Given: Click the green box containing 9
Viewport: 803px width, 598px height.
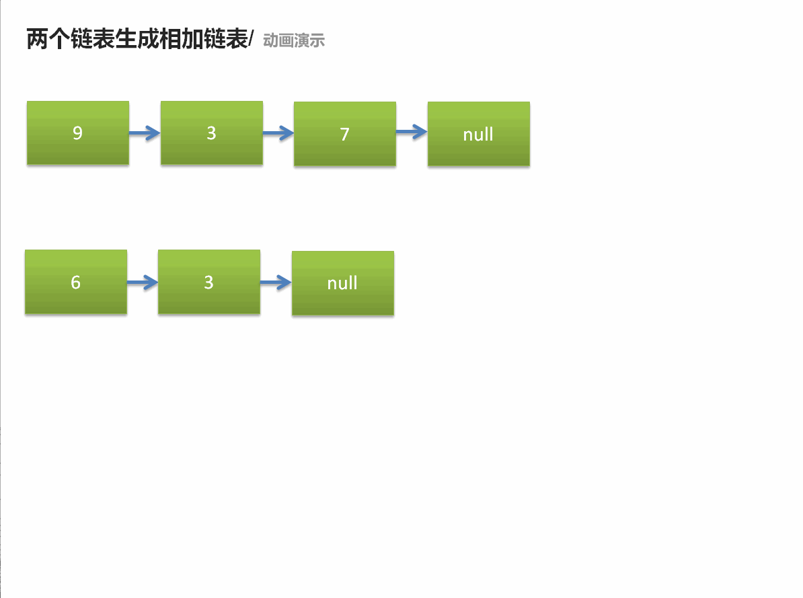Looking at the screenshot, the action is [77, 133].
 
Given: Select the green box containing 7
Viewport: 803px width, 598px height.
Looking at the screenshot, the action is [344, 134].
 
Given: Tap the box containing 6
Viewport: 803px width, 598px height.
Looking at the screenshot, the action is [75, 282].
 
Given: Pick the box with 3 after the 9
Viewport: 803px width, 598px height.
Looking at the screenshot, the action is [211, 133].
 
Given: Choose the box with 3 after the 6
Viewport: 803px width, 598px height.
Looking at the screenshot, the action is [208, 282].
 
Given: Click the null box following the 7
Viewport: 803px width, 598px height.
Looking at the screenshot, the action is [478, 134].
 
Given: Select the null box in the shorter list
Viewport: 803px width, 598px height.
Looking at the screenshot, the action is [342, 283].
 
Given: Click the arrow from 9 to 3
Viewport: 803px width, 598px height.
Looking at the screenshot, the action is [145, 133].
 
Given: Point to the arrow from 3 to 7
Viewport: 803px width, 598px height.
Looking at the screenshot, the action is [278, 133].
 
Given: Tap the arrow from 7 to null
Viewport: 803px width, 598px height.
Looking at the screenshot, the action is [412, 132].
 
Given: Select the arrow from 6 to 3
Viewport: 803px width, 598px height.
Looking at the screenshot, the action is [143, 283].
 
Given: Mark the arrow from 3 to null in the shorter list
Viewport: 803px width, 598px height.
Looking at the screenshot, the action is [276, 283].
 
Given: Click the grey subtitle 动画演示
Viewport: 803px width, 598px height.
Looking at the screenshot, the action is [294, 41].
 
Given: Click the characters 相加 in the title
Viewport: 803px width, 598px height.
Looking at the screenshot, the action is [180, 40].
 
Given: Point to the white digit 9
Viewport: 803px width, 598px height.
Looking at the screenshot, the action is [77, 133].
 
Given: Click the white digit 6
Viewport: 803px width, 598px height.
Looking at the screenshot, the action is [75, 282].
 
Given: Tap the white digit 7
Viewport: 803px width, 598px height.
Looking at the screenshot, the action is [344, 135].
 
